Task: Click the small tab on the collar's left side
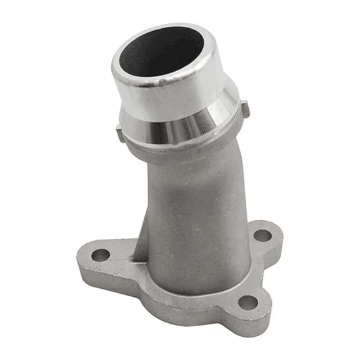pyautogui.click(x=119, y=132)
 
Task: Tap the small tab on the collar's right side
pyautogui.click(x=246, y=109)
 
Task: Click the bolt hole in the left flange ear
pyautogui.click(x=100, y=255)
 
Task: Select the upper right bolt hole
pyautogui.click(x=262, y=236)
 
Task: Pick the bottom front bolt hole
pyautogui.click(x=248, y=302)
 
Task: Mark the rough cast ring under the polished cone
pyautogui.click(x=187, y=150)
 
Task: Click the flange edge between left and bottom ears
pyautogui.click(x=162, y=300)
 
